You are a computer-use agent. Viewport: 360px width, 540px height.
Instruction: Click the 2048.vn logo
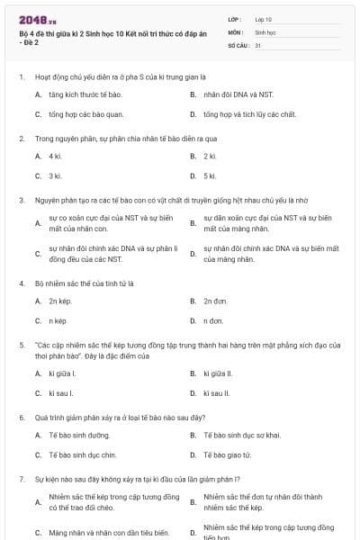coord(33,20)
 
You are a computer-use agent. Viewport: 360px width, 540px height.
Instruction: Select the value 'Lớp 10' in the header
coord(264,19)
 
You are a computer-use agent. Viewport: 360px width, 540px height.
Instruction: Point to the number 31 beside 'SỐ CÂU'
coord(258,44)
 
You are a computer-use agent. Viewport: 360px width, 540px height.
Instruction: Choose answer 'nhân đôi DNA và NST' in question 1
coord(231,94)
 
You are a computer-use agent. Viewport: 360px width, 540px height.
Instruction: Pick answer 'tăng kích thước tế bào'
coord(85,94)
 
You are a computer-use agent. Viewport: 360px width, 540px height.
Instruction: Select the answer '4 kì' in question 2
coord(55,156)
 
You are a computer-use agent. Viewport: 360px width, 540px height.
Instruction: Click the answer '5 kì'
coord(210,175)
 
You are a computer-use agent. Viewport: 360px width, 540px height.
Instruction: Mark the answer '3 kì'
coord(55,175)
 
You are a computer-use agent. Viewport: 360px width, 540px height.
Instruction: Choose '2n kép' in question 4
coord(59,301)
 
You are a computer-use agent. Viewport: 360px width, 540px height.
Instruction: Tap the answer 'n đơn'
coord(213,320)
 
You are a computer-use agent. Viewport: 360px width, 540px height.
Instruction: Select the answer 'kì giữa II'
coord(218,373)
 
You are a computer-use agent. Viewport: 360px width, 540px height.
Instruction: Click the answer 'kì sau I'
coord(61,392)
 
